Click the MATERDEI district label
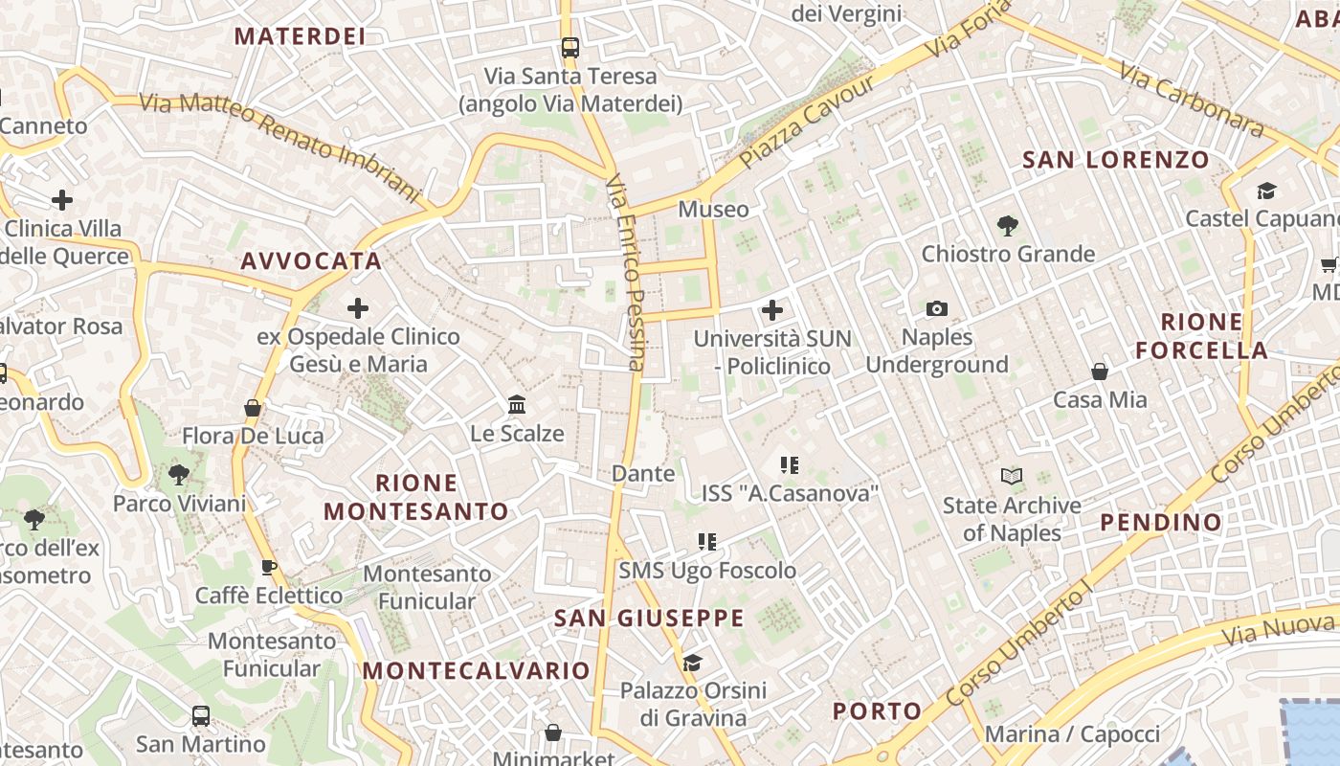coord(300,36)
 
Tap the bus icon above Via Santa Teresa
coord(570,47)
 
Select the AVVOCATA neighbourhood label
coord(311,260)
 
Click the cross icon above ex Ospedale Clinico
coord(358,308)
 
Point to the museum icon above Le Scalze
coord(518,405)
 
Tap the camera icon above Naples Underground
coord(937,308)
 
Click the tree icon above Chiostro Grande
coord(1007,226)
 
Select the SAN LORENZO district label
coord(1116,159)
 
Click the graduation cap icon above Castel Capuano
coord(1266,191)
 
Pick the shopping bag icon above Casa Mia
coord(1100,372)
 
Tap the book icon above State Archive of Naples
coord(1012,476)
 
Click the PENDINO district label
coord(1161,522)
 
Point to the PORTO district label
coord(877,710)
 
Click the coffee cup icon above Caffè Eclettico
coord(269,567)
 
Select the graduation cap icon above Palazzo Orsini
coord(692,663)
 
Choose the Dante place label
coord(643,473)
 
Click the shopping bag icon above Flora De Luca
coord(253,409)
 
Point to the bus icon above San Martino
coord(201,715)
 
